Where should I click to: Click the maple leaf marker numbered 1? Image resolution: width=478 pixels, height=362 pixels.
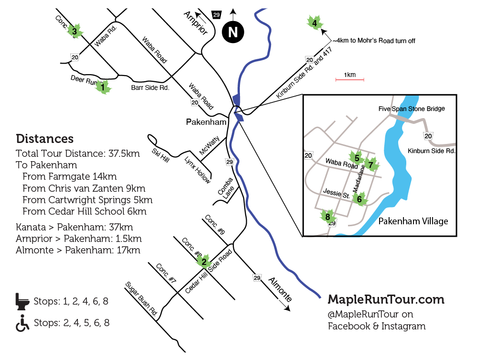tap(102, 87)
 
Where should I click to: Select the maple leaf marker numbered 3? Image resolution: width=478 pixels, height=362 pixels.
tap(75, 32)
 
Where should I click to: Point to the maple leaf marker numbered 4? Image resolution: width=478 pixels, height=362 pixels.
tap(314, 22)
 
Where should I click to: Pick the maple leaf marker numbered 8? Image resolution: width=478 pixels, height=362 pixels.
tap(327, 217)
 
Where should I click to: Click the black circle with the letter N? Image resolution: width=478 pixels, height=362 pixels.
tap(233, 33)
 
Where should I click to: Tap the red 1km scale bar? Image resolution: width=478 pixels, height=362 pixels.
tap(349, 79)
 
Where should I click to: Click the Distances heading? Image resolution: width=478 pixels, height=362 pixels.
tap(44, 139)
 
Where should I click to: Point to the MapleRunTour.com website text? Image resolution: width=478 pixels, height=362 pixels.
tap(386, 299)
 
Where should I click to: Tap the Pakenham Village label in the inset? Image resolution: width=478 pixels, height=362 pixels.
tap(413, 221)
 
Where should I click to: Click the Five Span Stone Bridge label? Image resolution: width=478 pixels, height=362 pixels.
tap(412, 109)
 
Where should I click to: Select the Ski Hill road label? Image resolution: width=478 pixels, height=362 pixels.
tap(160, 155)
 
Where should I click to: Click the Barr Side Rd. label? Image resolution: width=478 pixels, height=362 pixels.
tap(150, 88)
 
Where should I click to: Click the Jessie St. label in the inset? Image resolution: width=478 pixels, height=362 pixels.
tap(337, 194)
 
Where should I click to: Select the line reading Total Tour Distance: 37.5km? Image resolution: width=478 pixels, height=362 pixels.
tap(77, 154)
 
